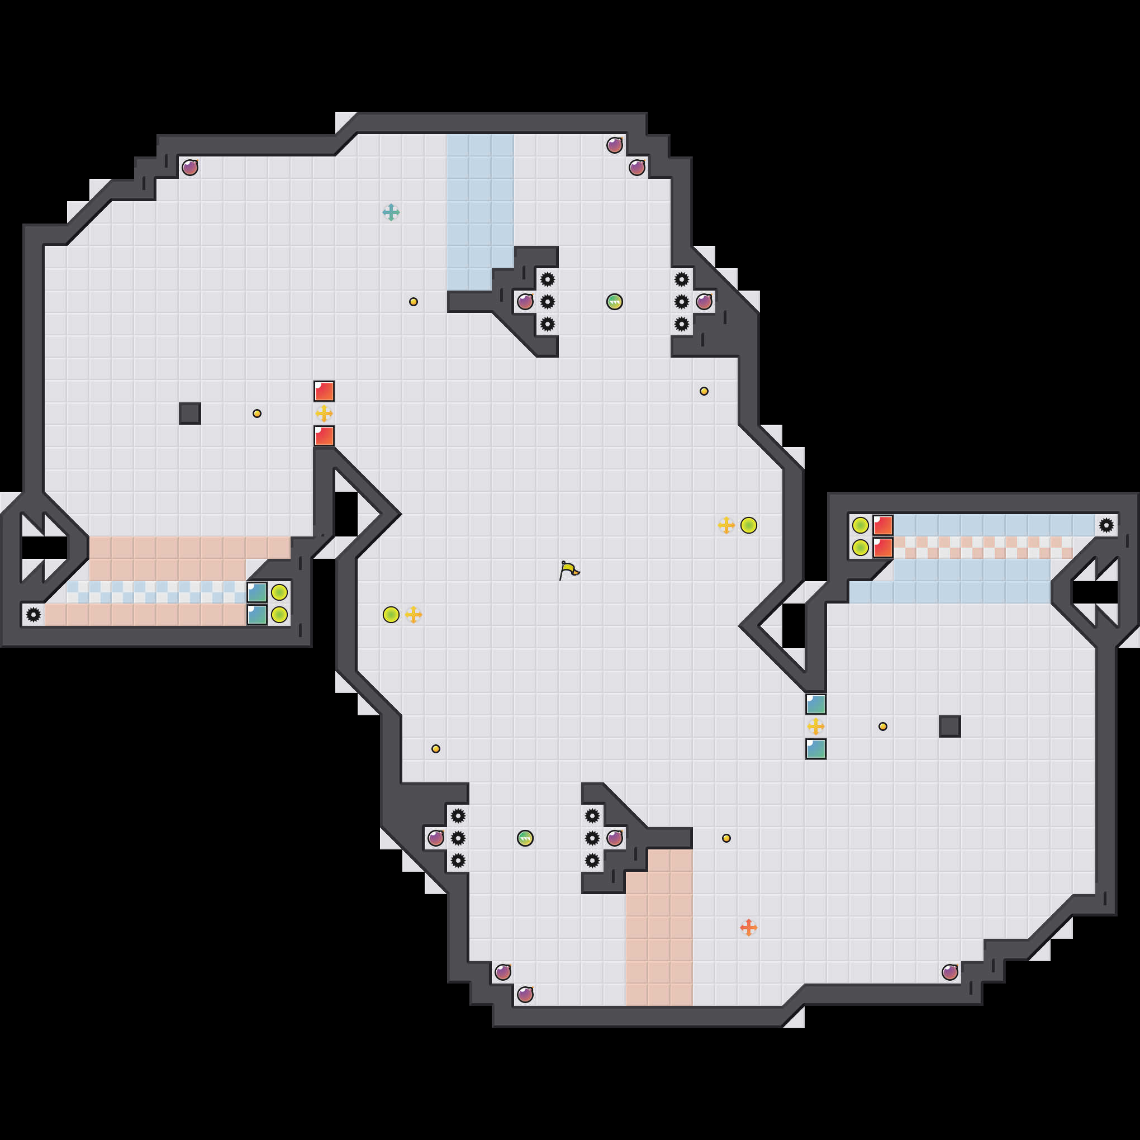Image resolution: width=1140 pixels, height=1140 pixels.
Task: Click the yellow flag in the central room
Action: [x=569, y=571]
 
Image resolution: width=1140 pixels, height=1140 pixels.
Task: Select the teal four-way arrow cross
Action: [x=391, y=212]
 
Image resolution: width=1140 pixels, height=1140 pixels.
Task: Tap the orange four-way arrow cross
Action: [x=748, y=927]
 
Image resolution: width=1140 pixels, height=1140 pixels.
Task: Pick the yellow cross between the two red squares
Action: [x=324, y=413]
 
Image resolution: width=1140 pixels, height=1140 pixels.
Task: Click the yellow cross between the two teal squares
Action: [x=815, y=726]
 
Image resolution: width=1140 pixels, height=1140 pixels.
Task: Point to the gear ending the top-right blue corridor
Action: [x=1106, y=525]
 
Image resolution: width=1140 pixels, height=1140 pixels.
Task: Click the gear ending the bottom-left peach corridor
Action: [x=34, y=614]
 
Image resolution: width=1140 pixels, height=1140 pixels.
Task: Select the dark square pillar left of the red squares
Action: [x=189, y=413]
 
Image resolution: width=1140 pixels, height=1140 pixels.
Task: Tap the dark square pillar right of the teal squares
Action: [x=949, y=726]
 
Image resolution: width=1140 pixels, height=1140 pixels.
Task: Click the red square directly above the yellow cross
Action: [x=324, y=391]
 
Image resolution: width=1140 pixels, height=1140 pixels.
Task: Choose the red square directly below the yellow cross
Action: [x=324, y=435]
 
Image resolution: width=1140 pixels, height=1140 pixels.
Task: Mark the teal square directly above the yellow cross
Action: [x=815, y=704]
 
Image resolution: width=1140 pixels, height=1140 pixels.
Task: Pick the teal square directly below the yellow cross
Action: [x=815, y=748]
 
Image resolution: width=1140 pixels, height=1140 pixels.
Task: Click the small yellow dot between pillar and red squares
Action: [x=256, y=413]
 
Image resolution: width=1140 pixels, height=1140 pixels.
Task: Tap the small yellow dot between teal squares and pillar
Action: [x=882, y=726]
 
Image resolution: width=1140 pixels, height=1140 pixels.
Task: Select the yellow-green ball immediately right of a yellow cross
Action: [x=748, y=525]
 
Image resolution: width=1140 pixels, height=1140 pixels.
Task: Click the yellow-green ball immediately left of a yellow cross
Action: [x=391, y=614]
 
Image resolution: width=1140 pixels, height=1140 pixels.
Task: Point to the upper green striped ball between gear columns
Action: [x=614, y=302]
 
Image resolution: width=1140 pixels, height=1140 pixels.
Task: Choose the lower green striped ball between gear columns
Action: [x=525, y=838]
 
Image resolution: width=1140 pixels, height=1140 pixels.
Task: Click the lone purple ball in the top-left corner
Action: [x=189, y=168]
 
